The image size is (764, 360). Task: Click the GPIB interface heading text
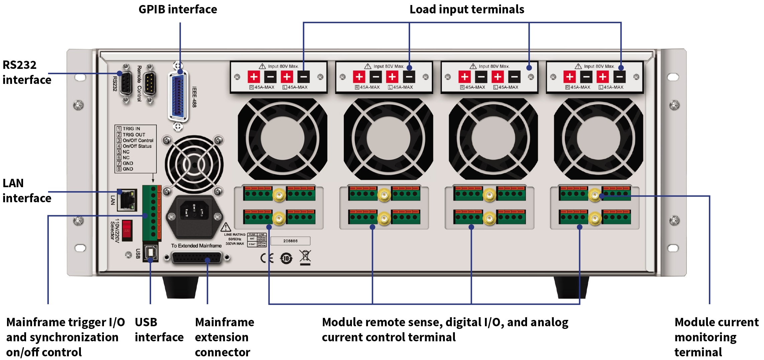click(177, 9)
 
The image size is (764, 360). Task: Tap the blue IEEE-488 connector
click(178, 97)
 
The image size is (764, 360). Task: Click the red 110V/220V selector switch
click(127, 230)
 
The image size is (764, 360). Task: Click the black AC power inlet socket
click(194, 212)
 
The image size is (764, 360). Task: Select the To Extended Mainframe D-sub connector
click(197, 258)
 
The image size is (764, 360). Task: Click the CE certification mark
click(267, 258)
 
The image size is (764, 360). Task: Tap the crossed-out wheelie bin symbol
click(305, 257)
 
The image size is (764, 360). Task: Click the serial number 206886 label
click(290, 241)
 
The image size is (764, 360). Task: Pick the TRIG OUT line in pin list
click(133, 135)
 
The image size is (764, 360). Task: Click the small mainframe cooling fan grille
click(194, 164)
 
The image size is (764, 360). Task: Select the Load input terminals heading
click(467, 9)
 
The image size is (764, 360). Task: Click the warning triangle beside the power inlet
click(226, 228)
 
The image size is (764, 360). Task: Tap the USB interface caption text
click(159, 330)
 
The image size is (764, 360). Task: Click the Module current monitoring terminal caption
click(716, 337)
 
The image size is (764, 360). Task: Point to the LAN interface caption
click(27, 191)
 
